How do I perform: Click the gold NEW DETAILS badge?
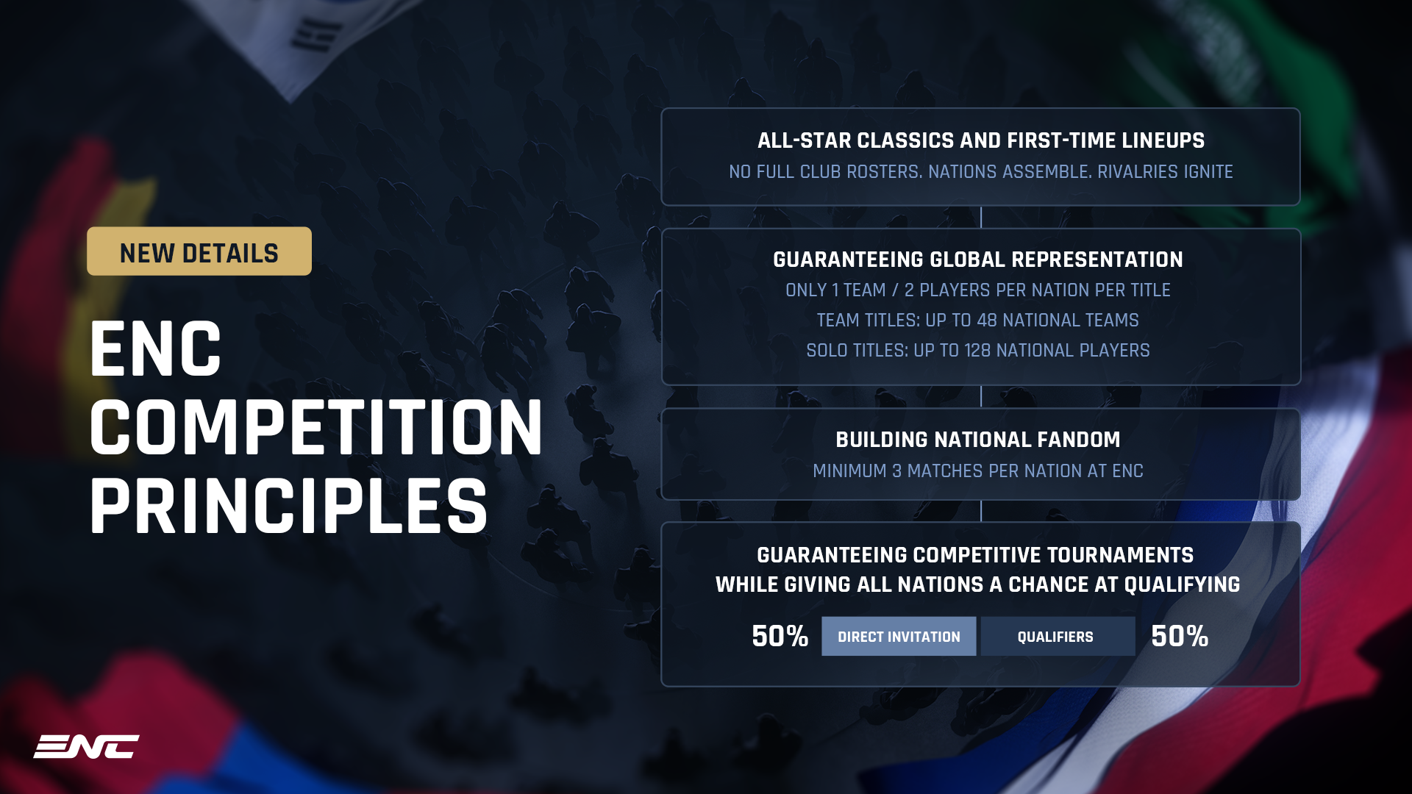click(x=199, y=251)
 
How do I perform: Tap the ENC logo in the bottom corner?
click(x=86, y=746)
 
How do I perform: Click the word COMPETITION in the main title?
click(x=316, y=428)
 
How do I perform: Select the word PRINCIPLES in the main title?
click(x=288, y=507)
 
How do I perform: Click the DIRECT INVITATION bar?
click(x=898, y=637)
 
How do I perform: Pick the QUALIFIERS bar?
click(x=1057, y=637)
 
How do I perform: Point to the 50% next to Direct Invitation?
click(x=780, y=637)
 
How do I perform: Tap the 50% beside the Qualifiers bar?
click(x=1179, y=637)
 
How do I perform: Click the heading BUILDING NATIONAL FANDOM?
click(x=977, y=440)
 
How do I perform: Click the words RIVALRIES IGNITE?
click(x=1165, y=172)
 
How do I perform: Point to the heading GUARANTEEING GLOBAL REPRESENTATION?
click(x=977, y=260)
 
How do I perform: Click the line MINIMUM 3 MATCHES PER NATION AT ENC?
click(x=977, y=471)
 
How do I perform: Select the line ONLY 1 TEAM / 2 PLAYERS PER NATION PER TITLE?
click(x=977, y=290)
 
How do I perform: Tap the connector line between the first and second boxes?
click(x=981, y=217)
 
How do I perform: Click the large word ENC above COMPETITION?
click(x=155, y=350)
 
